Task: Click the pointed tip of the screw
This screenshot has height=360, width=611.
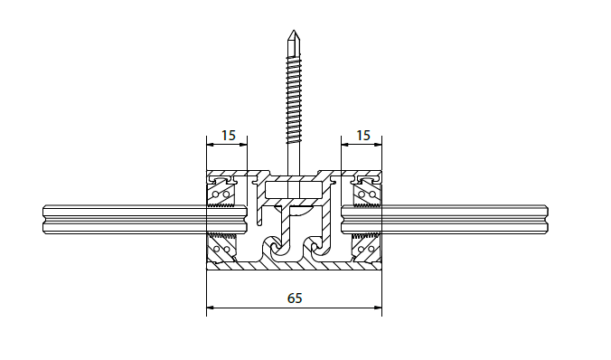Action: pyautogui.click(x=294, y=31)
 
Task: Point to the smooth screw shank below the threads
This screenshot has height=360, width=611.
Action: pyautogui.click(x=294, y=159)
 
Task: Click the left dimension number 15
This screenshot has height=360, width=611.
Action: pyautogui.click(x=229, y=136)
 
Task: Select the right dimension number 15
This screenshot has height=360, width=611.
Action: pyautogui.click(x=363, y=136)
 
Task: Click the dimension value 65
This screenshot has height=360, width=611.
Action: pyautogui.click(x=295, y=298)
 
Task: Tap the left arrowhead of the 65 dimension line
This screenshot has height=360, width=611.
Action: pyautogui.click(x=211, y=308)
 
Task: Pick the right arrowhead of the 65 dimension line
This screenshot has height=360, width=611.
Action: pyautogui.click(x=378, y=308)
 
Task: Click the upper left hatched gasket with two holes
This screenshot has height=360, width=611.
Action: pyautogui.click(x=221, y=194)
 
